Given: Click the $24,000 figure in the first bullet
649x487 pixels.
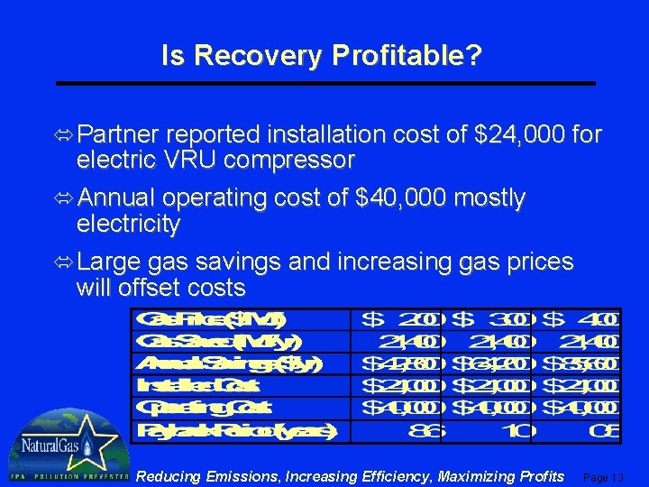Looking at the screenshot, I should pos(513,135).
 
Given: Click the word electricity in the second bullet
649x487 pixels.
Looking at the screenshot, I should pos(128,223).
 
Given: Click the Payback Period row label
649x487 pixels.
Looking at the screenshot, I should pos(236,430).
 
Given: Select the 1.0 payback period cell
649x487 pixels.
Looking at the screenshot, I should pos(514,430).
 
